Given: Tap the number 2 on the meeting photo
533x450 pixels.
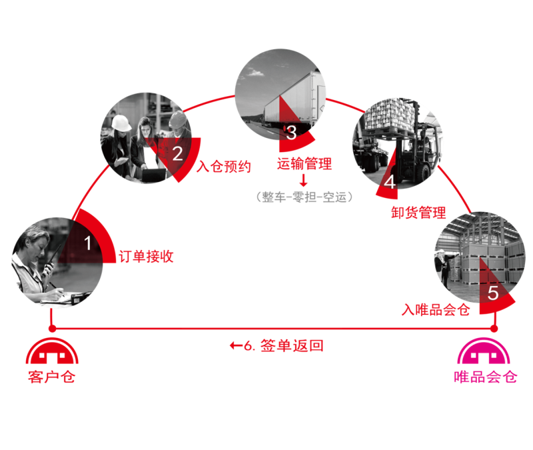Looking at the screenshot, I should pos(177,154).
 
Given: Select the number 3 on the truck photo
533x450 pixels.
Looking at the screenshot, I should pos(290,132).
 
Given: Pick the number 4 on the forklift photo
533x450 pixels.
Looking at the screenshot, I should pos(389,181).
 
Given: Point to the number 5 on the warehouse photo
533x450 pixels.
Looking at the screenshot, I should pos(493,293).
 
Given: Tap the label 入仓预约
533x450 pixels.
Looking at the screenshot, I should pos(225,167).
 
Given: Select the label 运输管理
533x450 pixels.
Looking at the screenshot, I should pos(304,163).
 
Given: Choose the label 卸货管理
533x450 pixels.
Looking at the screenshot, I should pos(418,213).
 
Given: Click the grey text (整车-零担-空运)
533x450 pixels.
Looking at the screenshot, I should pos(304,197).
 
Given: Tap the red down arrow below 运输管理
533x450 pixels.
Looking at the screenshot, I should pos(304,180).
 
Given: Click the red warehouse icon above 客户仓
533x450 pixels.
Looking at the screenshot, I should pos(52,353).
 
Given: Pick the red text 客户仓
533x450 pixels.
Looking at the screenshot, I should pos(51,377).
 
